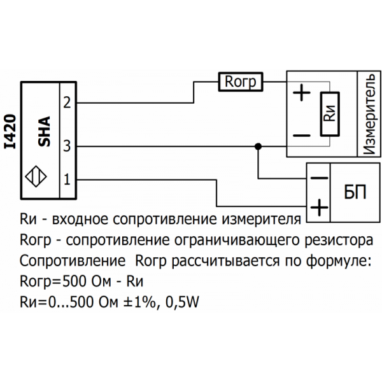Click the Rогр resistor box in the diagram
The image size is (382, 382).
pos(241,81)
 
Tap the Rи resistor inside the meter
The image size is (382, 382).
pos(329,113)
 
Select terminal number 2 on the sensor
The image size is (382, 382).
pos(67,104)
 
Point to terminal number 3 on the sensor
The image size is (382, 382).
pos(67,146)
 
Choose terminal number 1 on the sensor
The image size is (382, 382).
pos(67,180)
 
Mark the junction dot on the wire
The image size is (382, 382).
pos(258,146)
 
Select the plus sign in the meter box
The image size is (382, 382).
pos(301,94)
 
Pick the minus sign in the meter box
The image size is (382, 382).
pos(301,135)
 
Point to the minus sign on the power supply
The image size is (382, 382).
pos(318,178)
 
